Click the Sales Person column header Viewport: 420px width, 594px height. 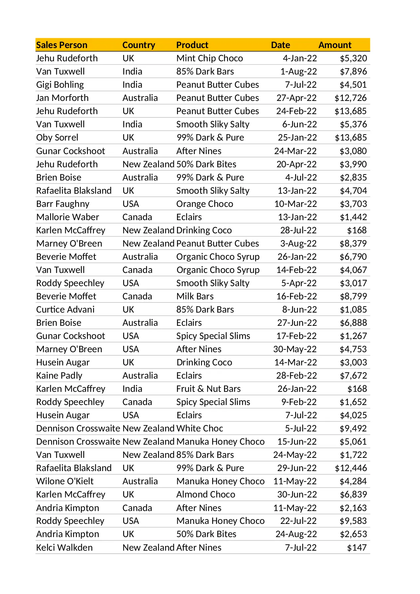tap(62, 45)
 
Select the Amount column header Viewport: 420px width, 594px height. tap(335, 45)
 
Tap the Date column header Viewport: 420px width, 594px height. tap(280, 45)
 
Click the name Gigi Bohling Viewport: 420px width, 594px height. tap(60, 85)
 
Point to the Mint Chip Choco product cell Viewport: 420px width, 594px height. tap(209, 58)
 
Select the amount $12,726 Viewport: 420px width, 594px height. tap(350, 98)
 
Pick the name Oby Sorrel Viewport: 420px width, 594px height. tap(57, 137)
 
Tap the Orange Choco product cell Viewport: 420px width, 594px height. tap(204, 204)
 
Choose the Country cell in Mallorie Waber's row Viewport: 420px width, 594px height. tap(137, 217)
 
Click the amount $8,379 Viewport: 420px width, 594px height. tap(353, 243)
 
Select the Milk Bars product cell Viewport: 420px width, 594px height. tap(195, 296)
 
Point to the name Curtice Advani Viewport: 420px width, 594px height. tap(65, 310)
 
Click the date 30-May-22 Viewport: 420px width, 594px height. tap(295, 349)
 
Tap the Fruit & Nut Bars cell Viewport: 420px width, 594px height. tap(208, 389)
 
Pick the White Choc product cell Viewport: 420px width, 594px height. tap(200, 428)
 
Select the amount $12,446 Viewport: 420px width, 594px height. tap(351, 468)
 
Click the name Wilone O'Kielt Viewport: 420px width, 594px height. tap(65, 481)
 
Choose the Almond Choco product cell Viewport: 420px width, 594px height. tap(205, 494)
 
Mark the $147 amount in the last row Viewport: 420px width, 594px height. tap(357, 548)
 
